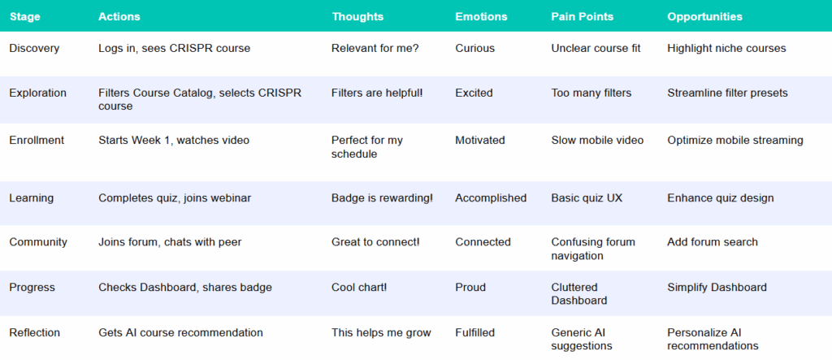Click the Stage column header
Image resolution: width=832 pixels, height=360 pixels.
point(24,16)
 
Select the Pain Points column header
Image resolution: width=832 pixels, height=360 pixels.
point(582,16)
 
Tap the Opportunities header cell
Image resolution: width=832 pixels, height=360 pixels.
point(704,16)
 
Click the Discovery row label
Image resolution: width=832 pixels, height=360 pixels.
point(34,48)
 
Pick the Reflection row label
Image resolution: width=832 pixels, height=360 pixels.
point(35,333)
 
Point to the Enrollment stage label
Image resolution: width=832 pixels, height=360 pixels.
point(37,140)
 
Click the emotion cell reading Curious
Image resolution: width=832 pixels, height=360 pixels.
point(474,48)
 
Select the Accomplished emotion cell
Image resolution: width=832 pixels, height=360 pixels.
point(491,198)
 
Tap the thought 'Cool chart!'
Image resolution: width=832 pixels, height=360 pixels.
point(359,287)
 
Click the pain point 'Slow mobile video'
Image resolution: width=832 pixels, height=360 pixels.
point(597,140)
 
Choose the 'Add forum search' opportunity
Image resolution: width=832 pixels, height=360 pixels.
point(713,242)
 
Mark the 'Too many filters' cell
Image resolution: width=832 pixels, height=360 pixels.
point(591,93)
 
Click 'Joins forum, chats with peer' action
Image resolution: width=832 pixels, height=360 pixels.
point(170,242)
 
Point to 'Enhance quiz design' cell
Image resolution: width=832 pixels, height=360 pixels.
point(721,198)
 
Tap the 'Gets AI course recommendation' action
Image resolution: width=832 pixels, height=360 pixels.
point(180,333)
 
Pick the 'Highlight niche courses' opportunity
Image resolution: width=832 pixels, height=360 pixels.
point(726,48)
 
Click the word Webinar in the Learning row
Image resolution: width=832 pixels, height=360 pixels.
point(232,198)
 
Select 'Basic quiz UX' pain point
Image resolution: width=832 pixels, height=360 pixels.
point(587,198)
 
